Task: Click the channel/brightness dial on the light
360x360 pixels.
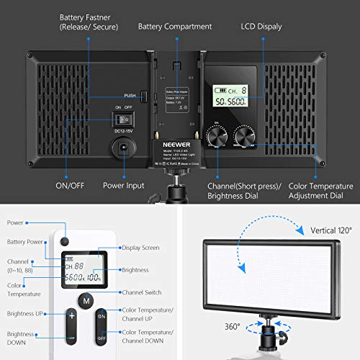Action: pyautogui.click(x=215, y=134)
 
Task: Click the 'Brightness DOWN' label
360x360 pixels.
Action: pyautogui.click(x=21, y=339)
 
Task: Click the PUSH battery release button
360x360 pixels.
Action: pyautogui.click(x=143, y=96)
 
